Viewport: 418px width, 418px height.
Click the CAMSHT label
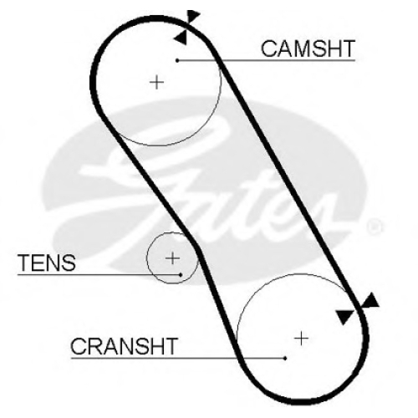coord(308,48)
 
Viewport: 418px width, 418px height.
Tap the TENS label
coord(47,263)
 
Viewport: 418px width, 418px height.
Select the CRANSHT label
coord(124,346)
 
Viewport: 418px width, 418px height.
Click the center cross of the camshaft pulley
coord(156,82)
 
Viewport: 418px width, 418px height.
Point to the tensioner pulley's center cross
coord(172,258)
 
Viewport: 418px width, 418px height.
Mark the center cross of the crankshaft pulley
coord(301,339)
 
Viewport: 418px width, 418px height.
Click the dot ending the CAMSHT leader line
coord(177,60)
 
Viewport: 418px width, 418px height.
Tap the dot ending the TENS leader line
coord(181,275)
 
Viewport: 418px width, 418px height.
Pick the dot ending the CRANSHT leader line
coord(285,359)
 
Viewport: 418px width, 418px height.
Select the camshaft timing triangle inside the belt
coord(181,37)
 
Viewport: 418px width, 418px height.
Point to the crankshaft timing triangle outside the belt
coord(370,300)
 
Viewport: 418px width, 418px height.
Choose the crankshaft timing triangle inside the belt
coord(344,317)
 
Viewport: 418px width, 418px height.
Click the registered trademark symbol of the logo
coord(375,227)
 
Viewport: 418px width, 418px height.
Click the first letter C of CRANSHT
coord(79,346)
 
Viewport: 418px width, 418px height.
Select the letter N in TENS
coord(53,263)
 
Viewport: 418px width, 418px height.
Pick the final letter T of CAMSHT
coord(348,48)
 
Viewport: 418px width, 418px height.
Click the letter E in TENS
coord(38,263)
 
